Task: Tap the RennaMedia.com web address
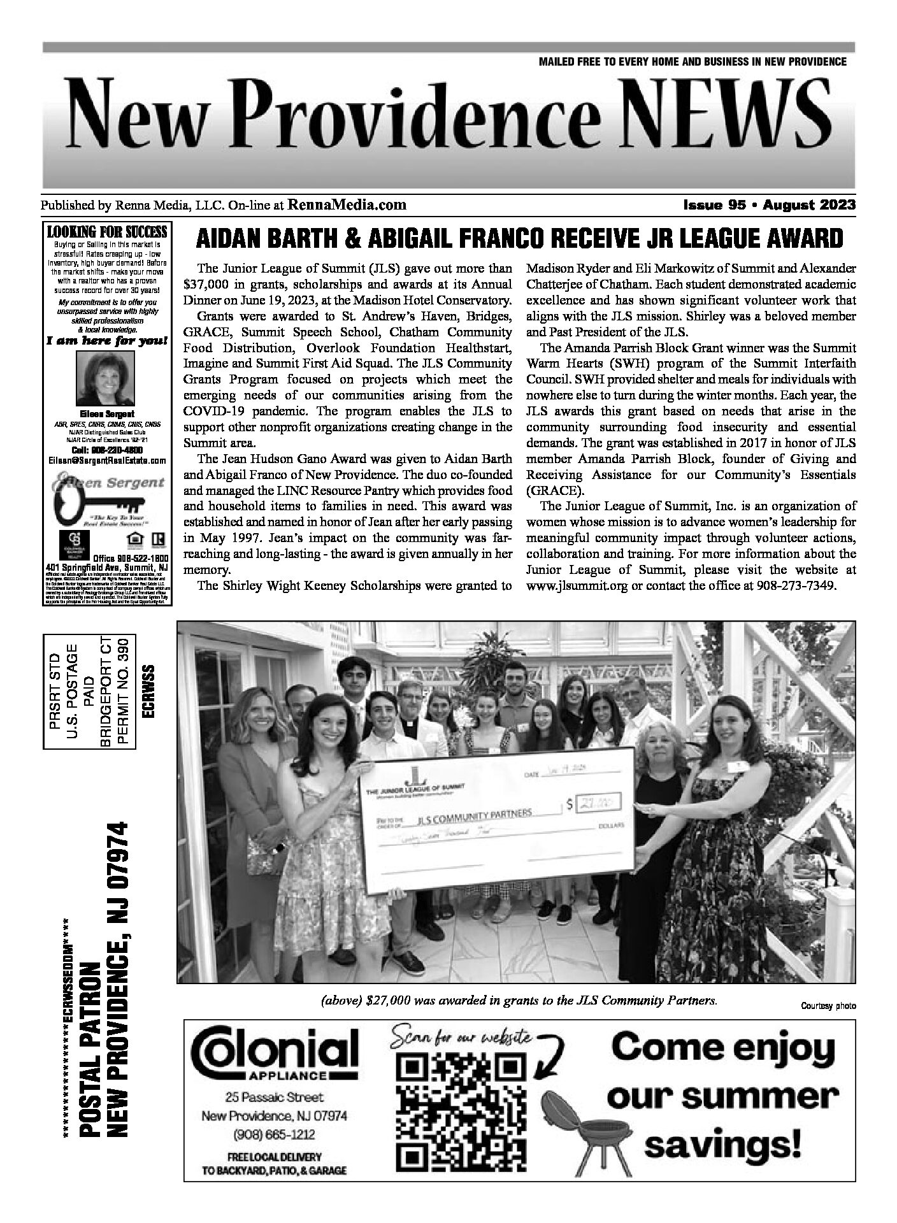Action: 347,204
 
